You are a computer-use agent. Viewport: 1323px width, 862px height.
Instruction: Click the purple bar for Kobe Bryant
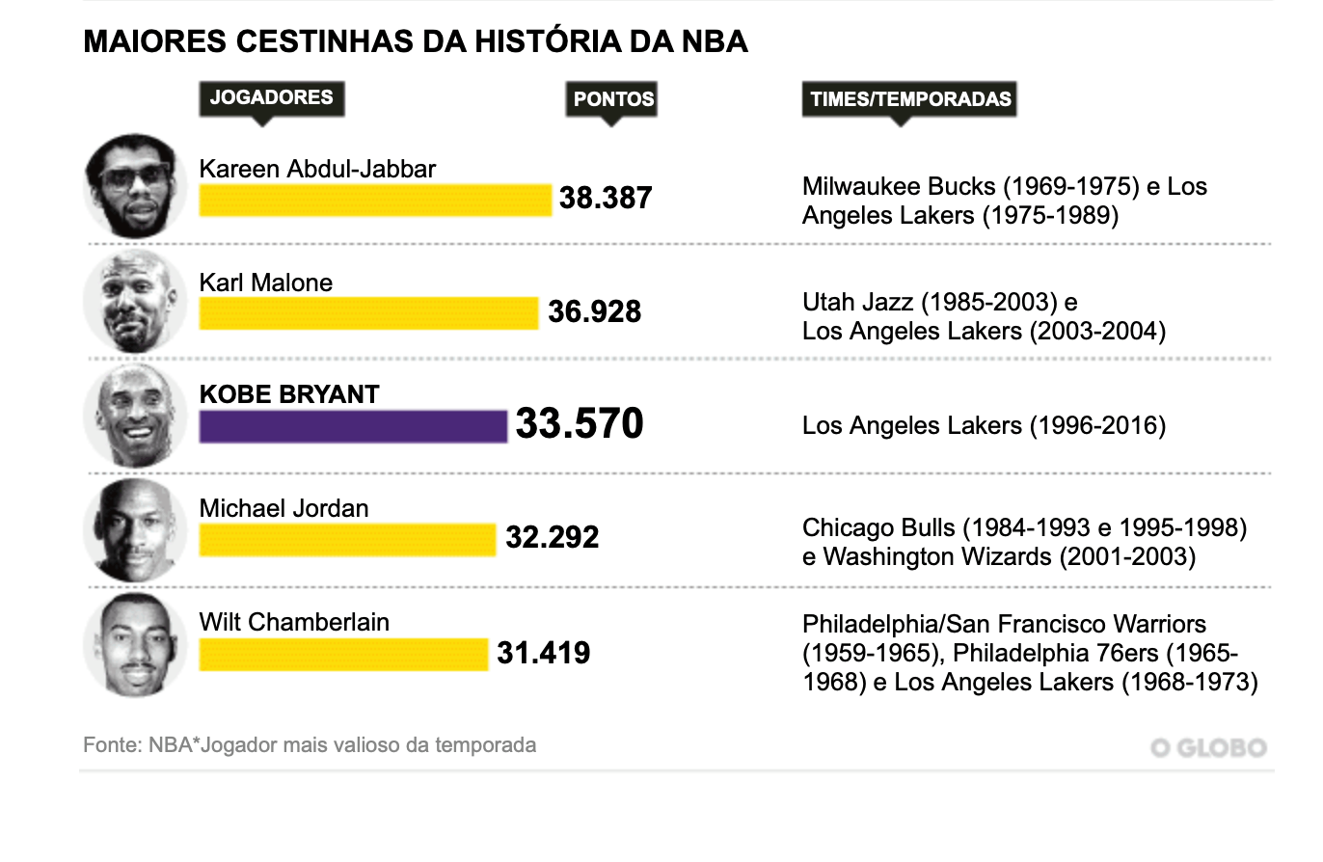353,426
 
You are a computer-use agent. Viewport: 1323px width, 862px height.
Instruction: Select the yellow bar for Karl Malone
368,313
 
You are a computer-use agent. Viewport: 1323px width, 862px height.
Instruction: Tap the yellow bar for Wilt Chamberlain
343,654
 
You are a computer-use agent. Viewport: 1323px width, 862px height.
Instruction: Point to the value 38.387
606,199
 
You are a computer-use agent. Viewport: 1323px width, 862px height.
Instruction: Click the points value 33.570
579,424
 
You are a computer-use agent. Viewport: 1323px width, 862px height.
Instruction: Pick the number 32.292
553,538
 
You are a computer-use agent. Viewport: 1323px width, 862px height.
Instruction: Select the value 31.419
543,654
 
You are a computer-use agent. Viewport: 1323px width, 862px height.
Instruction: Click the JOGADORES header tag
271,97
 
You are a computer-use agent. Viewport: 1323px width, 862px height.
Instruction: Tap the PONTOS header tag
612,99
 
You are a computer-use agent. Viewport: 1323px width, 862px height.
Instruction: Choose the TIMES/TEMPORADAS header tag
909,99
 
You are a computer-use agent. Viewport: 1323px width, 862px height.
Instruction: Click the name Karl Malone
265,283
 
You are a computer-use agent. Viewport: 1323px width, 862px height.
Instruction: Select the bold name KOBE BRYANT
289,394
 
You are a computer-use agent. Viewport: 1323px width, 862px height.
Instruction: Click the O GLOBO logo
1208,748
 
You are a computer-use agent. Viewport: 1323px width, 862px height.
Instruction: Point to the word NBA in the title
714,42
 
